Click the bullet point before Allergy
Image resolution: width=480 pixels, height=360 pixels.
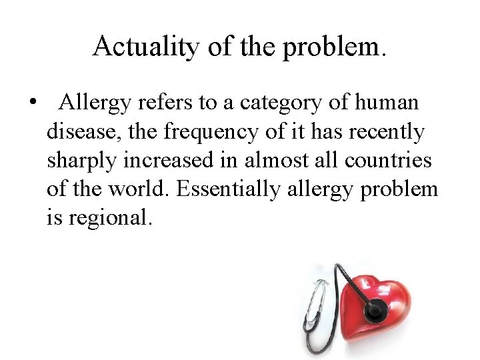point(31,104)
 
